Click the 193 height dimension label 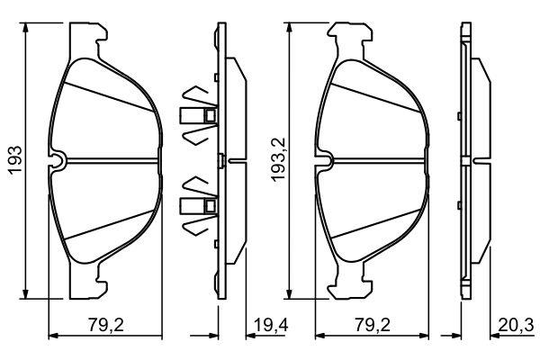16,160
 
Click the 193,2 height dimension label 279,159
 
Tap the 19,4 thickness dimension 271,325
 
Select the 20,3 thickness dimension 516,325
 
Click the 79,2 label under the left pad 105,325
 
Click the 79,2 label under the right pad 373,325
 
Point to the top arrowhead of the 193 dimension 25,28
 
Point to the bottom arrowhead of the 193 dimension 25,294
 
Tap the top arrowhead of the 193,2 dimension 289,28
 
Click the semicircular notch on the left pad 58,160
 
